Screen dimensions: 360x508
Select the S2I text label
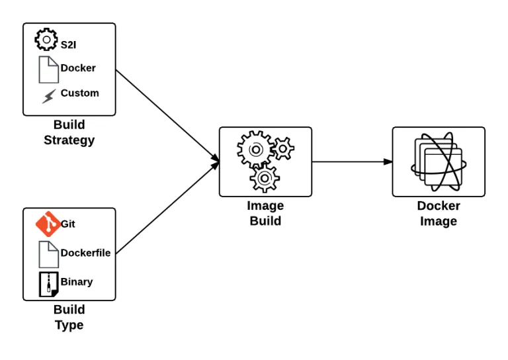tap(69, 45)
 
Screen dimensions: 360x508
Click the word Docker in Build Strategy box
tap(78, 68)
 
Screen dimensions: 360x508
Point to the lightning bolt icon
tap(48, 97)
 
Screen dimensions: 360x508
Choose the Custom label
tap(79, 93)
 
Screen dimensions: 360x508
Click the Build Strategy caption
tap(69, 132)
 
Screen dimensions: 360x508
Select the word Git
tap(68, 224)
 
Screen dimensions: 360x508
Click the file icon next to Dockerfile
tap(48, 254)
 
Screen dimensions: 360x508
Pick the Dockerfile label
tap(85, 253)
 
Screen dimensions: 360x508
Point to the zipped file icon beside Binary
tap(48, 284)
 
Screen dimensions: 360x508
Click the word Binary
tap(77, 282)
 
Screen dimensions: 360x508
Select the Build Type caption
tap(69, 317)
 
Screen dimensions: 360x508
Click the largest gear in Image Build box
tap(254, 149)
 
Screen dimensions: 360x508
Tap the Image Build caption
tap(265, 213)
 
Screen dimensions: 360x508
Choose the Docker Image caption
tap(439, 213)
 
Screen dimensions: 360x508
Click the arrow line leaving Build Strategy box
tap(165, 112)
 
